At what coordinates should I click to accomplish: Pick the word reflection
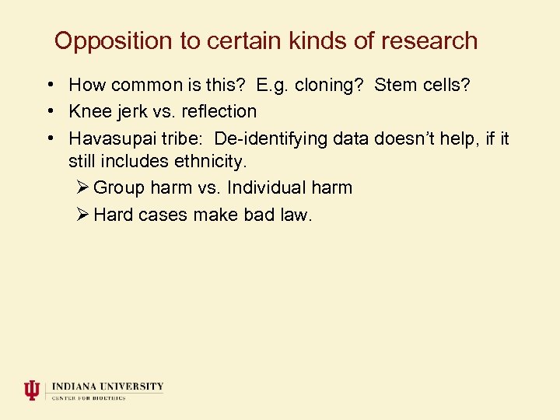tap(219, 112)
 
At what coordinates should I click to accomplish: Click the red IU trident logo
tap(31, 390)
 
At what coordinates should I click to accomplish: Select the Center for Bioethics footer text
tap(89, 397)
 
